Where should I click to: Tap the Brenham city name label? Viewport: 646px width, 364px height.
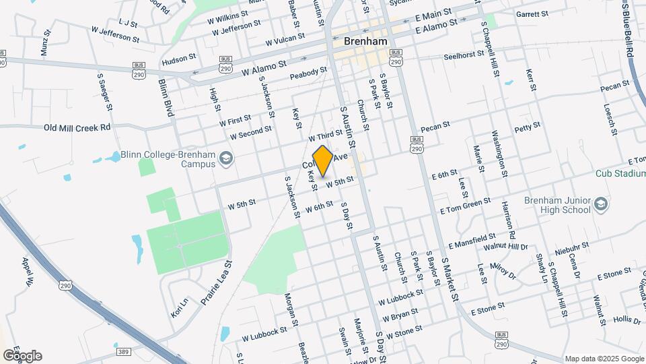[x=365, y=41]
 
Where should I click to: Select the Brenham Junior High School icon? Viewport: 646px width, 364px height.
[x=600, y=204]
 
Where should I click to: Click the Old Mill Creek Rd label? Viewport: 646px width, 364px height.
[x=77, y=127]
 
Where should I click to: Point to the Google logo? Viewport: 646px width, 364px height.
[x=22, y=356]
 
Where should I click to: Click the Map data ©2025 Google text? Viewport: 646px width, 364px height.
[x=604, y=359]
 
